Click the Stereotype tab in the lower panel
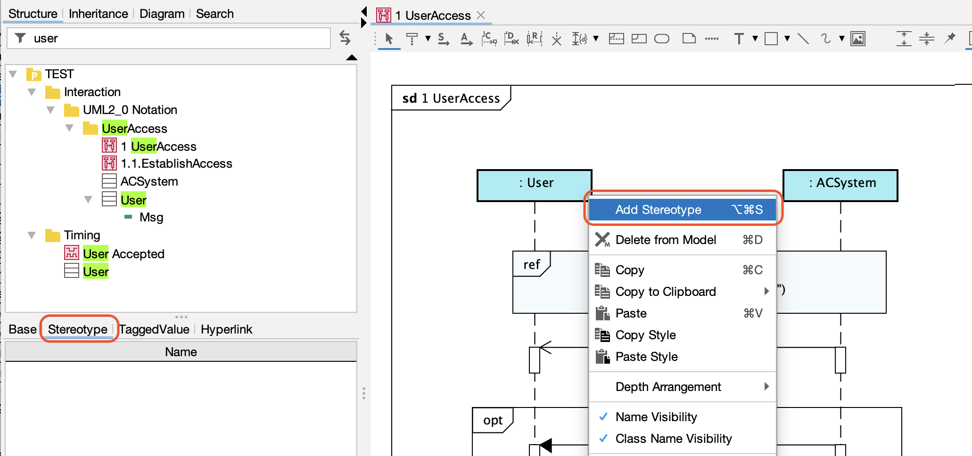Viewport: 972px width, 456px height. point(78,329)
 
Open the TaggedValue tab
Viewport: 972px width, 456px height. point(154,329)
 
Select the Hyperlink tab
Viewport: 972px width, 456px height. point(226,329)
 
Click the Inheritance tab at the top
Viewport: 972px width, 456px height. point(99,14)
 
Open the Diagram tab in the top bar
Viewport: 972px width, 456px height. point(162,14)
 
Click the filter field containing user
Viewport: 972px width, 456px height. point(169,38)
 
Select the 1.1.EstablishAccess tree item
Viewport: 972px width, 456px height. point(176,163)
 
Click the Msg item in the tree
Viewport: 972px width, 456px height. point(151,217)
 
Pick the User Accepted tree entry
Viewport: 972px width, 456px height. point(124,254)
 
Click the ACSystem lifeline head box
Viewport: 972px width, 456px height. point(840,185)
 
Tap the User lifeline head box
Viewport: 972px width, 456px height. point(535,185)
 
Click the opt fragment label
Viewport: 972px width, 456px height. point(493,420)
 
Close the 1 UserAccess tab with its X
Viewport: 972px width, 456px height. point(481,15)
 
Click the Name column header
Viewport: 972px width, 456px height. point(181,352)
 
